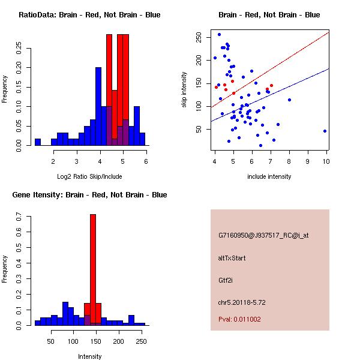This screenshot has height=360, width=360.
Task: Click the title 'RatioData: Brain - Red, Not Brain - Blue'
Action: tap(89, 15)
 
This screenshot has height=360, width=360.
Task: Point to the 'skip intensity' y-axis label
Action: tap(185, 90)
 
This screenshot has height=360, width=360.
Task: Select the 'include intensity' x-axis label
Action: tap(269, 176)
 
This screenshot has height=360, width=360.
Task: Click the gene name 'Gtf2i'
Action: tap(226, 280)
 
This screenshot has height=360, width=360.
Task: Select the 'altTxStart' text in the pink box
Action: tap(232, 258)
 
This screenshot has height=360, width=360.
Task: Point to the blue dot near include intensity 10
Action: tap(325, 131)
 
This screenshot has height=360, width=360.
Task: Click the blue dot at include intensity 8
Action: tap(289, 100)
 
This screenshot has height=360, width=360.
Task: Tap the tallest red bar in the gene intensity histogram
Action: tap(93, 269)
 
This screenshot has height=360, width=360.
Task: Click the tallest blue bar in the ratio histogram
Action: tap(98, 106)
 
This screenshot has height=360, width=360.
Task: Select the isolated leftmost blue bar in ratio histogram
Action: tap(37, 142)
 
